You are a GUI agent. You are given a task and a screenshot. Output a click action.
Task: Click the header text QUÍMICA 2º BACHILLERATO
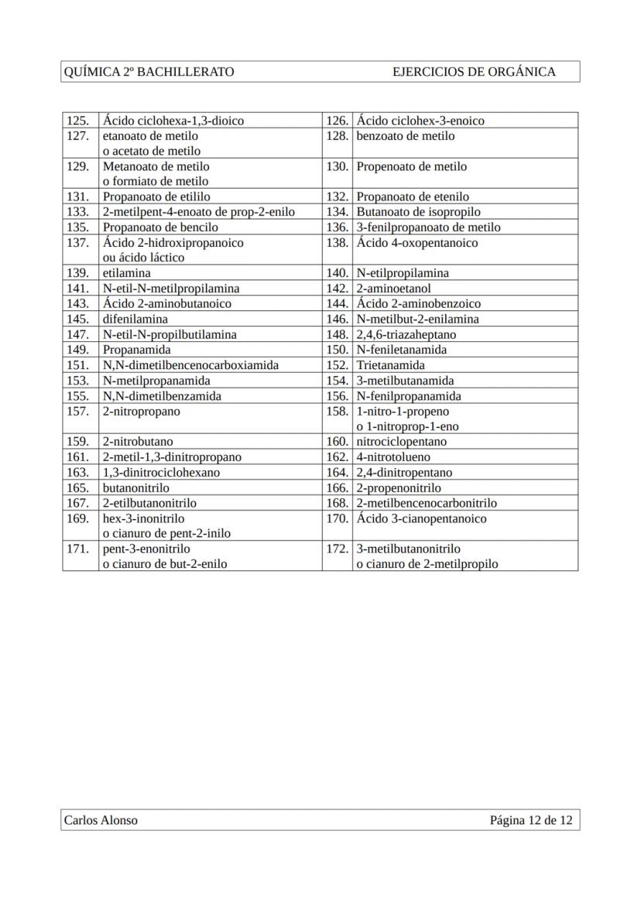coord(149,72)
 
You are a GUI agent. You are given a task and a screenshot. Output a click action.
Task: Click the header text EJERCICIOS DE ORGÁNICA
coord(474,72)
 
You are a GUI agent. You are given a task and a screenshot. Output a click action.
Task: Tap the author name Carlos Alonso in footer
coord(101,820)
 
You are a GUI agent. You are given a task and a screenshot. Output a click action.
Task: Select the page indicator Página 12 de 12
coord(531,820)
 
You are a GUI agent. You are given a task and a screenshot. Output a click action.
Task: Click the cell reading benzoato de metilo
coord(406,136)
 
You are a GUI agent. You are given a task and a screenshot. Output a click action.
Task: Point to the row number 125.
coord(77,121)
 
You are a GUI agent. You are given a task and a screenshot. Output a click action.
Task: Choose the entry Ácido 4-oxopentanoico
coord(417,243)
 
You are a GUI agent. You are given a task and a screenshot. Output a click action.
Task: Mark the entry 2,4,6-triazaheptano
coord(406,334)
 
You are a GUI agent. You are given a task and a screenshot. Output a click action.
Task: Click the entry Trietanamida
coord(390,365)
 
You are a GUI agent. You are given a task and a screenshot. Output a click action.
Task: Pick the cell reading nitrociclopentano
coord(401,442)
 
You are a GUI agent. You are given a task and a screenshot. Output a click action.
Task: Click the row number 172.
coord(337,549)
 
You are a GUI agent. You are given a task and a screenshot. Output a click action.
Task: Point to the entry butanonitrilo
coord(136,488)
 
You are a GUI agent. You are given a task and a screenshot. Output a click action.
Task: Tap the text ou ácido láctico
coord(143,258)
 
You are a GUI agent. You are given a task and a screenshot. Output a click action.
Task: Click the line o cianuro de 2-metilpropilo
coord(427,564)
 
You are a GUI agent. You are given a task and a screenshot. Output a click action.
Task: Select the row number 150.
coord(337,350)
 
